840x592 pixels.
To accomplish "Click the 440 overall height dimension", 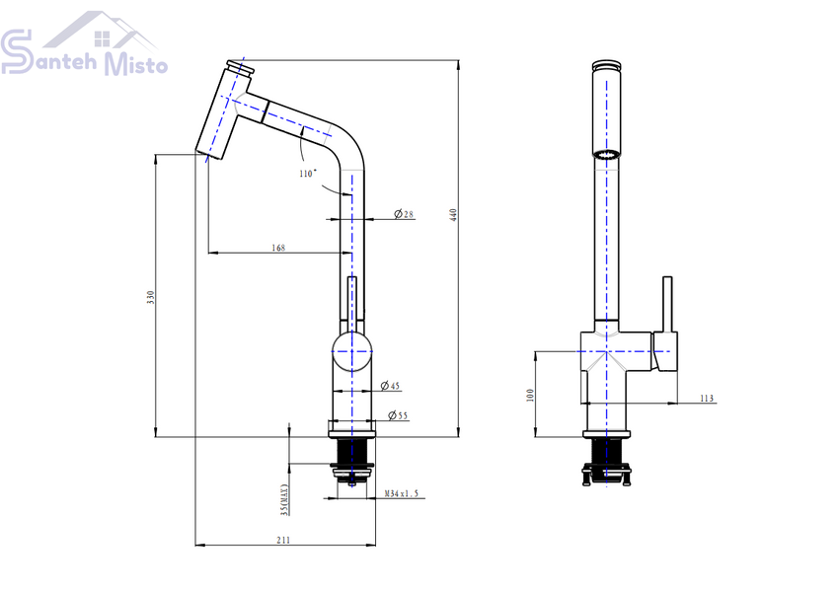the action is click(x=454, y=215).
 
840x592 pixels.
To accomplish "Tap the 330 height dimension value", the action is click(x=151, y=298).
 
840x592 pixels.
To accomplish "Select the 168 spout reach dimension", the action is click(x=278, y=248).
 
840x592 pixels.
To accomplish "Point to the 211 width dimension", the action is click(x=283, y=540).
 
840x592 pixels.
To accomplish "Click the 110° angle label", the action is click(x=308, y=174).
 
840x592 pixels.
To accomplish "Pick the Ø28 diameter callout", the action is click(x=404, y=214).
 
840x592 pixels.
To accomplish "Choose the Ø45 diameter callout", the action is click(x=390, y=386).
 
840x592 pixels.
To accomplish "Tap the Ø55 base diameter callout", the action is click(x=398, y=415).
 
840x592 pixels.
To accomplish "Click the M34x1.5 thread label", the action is click(x=402, y=493).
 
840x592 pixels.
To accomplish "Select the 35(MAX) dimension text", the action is click(x=284, y=500).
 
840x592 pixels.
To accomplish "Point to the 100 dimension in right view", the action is click(x=530, y=395).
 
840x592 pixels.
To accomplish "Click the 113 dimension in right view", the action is click(x=707, y=399).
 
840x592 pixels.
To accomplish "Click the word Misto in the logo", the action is click(x=135, y=63).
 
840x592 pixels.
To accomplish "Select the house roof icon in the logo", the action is click(x=101, y=30).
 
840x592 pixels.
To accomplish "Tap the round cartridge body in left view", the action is click(x=351, y=351).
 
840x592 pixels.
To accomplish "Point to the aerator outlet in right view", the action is click(x=606, y=155).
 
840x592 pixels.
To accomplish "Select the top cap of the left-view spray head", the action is click(x=240, y=68).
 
